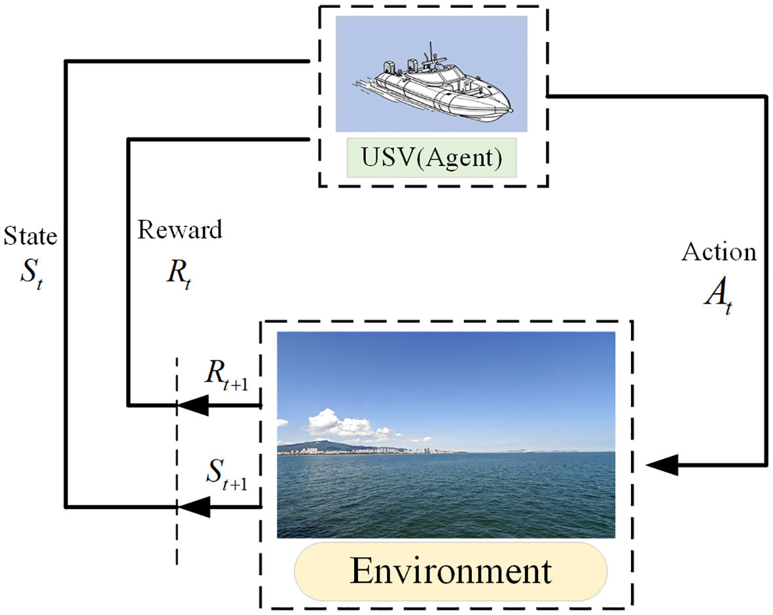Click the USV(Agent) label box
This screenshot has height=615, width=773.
(431, 158)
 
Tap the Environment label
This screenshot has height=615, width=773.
(450, 571)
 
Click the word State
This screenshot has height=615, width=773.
(30, 236)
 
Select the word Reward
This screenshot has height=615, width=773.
(180, 230)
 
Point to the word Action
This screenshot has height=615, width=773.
(719, 253)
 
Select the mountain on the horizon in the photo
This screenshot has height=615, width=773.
(321, 446)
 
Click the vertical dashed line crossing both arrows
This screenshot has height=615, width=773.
(177, 458)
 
